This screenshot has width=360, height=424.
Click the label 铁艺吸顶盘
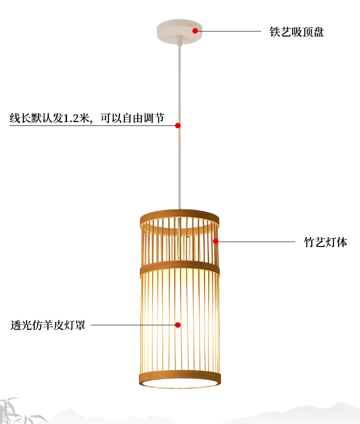click(296, 32)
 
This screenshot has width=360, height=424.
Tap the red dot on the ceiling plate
click(195, 31)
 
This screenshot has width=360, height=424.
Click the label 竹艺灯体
click(325, 242)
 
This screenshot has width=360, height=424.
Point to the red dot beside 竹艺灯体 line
click(216, 241)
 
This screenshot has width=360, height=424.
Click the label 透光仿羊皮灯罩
click(48, 326)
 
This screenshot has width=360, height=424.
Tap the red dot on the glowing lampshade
click(178, 325)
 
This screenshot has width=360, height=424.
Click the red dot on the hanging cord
click(178, 125)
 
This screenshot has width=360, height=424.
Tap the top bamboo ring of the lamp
click(180, 215)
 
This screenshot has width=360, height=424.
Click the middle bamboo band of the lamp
click(180, 269)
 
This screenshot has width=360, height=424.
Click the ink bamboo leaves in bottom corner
click(18, 410)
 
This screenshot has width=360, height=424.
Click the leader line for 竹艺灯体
click(255, 242)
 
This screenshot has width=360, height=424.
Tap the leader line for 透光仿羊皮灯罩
click(132, 325)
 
